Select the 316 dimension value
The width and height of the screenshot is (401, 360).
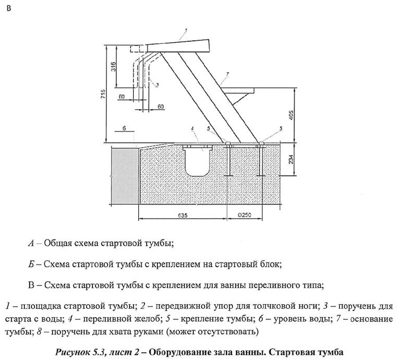click(113, 66)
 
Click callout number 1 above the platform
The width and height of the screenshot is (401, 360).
click(185, 31)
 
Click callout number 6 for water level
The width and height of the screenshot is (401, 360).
click(124, 128)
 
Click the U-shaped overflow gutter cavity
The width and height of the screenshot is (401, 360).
click(198, 164)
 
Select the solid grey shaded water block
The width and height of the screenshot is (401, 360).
click(126, 174)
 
